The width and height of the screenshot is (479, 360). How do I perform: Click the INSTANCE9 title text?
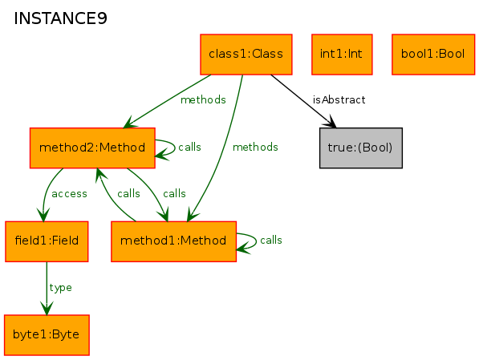tap(60, 18)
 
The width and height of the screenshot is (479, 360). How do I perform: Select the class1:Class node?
tap(246, 55)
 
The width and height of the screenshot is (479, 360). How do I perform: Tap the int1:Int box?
tap(342, 55)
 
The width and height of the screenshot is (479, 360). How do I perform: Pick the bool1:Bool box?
tap(433, 55)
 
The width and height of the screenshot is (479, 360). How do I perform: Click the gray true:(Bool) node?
tap(361, 148)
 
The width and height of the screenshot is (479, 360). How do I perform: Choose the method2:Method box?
tap(92, 148)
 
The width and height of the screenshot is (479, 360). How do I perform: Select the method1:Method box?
tap(173, 241)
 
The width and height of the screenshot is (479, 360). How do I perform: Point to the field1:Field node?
tap(47, 241)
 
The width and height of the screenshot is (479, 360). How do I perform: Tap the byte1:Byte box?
tap(47, 335)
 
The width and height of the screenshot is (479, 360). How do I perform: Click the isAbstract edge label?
tap(339, 100)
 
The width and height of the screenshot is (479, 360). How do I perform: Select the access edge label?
tap(69, 194)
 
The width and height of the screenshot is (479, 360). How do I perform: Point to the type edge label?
tap(60, 288)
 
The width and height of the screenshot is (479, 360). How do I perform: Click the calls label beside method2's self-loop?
tap(189, 148)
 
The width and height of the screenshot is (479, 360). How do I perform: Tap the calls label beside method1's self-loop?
tap(271, 241)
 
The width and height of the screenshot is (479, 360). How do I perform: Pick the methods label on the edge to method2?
tap(203, 100)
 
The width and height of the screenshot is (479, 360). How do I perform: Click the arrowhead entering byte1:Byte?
tap(47, 308)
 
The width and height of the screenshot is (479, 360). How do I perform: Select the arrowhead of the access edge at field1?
tap(43, 214)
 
